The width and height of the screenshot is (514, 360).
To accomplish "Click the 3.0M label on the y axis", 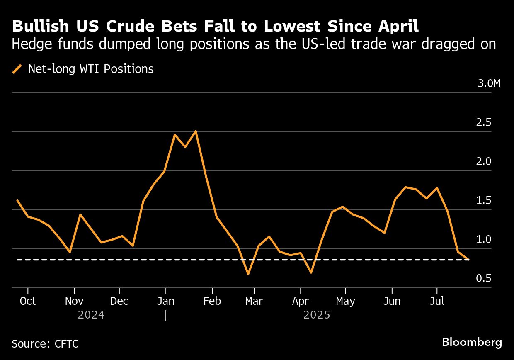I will pos(489,83).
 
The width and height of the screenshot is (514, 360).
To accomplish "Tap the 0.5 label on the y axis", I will pos(484,279).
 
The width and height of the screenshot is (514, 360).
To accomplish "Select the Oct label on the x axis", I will pos(28,301).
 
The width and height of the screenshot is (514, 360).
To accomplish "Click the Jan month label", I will pos(165,301).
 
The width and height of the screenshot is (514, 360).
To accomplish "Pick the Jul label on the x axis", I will pos(436,301).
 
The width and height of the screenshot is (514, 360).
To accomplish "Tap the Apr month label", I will pos(300,301).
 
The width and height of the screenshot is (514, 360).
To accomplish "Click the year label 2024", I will pos(91,315).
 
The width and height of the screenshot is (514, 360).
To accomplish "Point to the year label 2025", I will pos(317,315).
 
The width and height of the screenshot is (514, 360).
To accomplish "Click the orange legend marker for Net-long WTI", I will pos(17,69).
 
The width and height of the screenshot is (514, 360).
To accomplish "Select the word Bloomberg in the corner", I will pos(472,343).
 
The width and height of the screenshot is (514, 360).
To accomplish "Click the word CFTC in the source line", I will pos(66,344).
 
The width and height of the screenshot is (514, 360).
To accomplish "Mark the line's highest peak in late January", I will pos(196,131).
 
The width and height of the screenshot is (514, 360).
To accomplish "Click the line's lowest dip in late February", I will pos(248,274).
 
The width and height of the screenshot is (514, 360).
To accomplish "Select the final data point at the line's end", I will pos(468,260).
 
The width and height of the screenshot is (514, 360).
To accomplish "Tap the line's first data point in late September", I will pos(17,200).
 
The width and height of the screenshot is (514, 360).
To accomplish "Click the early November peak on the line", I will pos(80,214).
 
